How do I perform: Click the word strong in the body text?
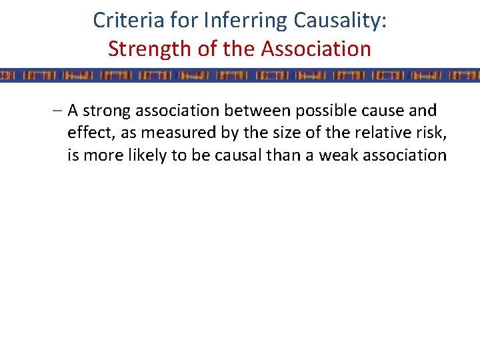click(x=107, y=111)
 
